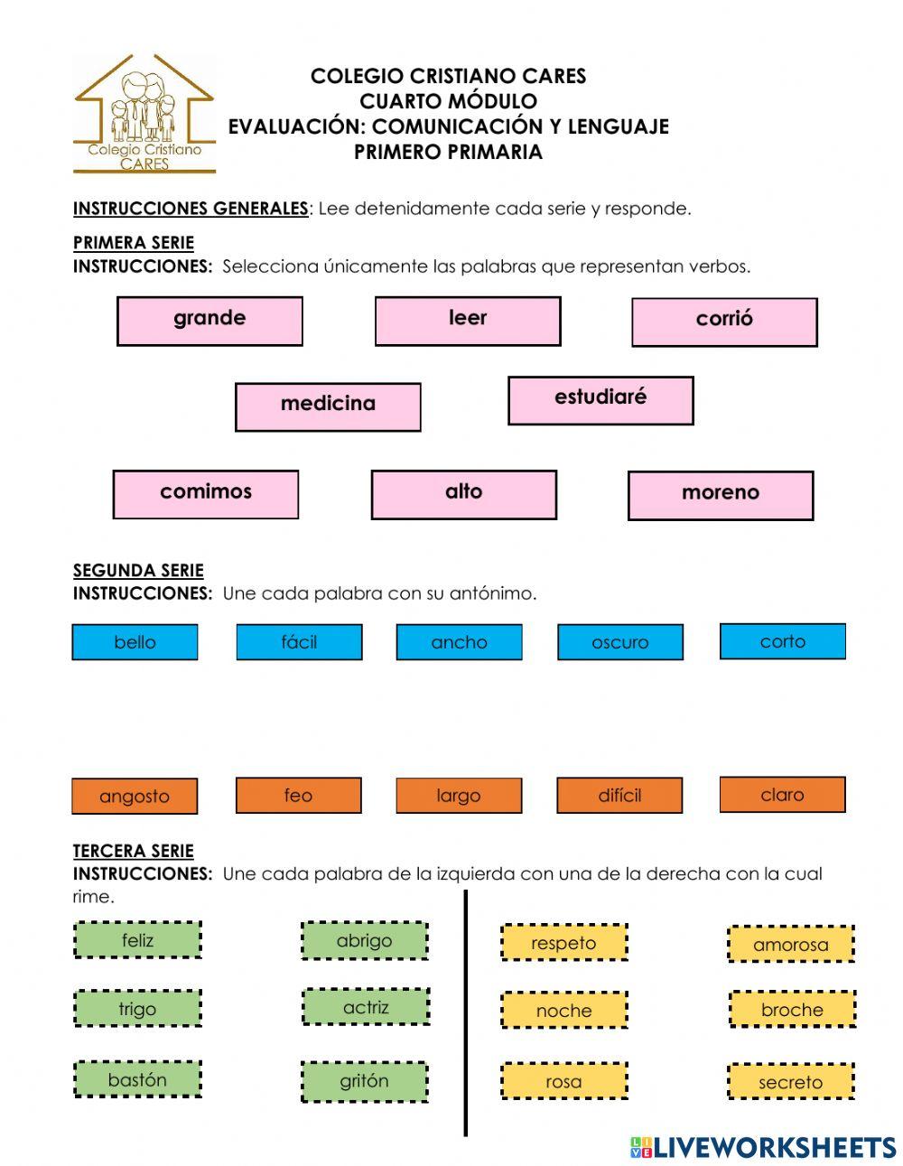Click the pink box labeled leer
(x=468, y=321)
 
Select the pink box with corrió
(x=724, y=322)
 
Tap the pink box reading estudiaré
(x=600, y=400)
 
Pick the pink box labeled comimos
(x=206, y=494)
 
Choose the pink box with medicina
(x=328, y=406)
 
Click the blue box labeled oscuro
(x=620, y=642)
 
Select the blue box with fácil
(x=299, y=642)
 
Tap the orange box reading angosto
(x=135, y=796)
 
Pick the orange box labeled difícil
(x=619, y=796)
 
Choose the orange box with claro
(x=782, y=795)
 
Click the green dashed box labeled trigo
(x=137, y=1009)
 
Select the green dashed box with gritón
(x=364, y=1081)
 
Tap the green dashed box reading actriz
(x=366, y=1007)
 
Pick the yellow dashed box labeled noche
(x=563, y=1011)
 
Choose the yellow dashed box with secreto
(x=791, y=1082)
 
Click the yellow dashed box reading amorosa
(x=791, y=945)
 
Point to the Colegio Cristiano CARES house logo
(x=144, y=114)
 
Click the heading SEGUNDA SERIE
(x=138, y=570)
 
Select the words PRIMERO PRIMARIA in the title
(x=448, y=152)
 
